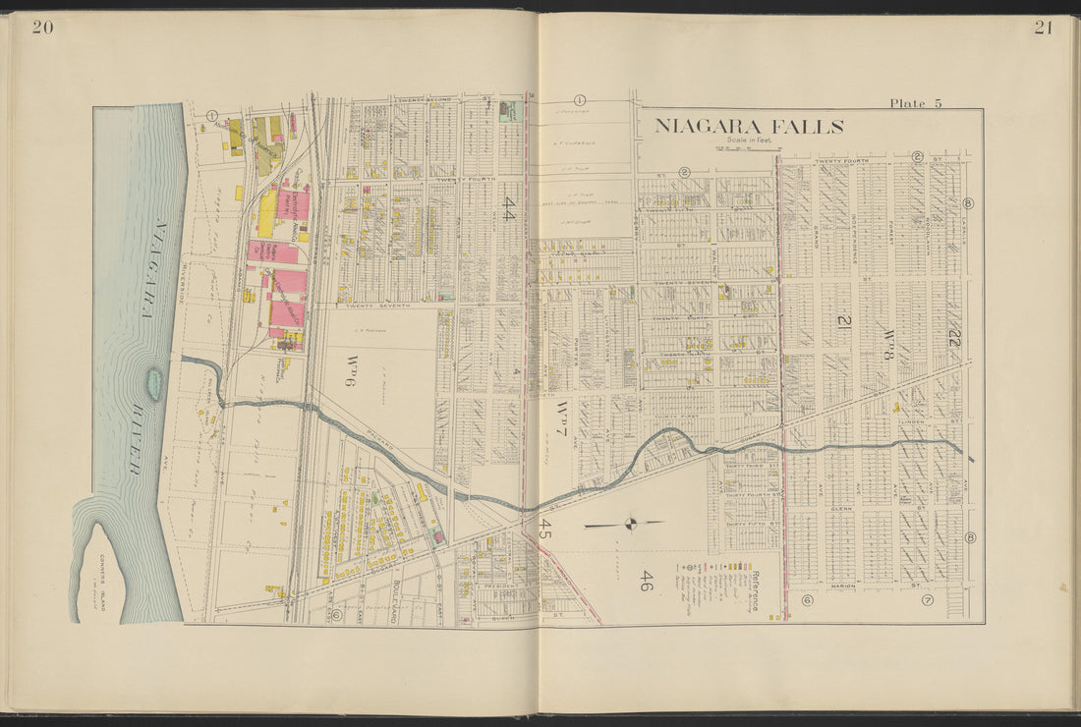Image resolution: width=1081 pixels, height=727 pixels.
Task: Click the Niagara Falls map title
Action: tap(749, 127)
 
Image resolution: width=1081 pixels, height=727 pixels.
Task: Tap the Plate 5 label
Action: tap(915, 103)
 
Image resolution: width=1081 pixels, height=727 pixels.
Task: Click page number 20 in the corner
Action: tap(42, 28)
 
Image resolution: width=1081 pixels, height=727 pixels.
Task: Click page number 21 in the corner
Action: tap(1043, 28)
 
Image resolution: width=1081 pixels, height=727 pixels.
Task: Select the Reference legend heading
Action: tap(753, 588)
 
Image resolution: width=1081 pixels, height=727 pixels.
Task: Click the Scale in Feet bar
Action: tap(748, 149)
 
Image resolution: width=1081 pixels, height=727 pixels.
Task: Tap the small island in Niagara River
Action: tap(155, 379)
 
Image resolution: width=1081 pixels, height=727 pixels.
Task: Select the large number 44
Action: tap(509, 207)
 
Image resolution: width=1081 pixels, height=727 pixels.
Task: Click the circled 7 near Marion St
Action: tap(926, 600)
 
